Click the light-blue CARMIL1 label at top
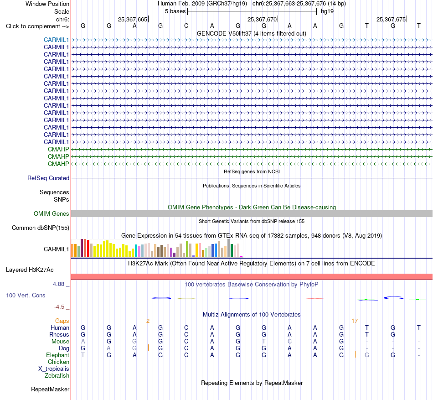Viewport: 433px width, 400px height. click(x=56, y=40)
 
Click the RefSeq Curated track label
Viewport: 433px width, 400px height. click(x=48, y=178)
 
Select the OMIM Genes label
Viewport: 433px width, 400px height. click(x=51, y=213)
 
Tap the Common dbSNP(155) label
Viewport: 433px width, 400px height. click(x=40, y=228)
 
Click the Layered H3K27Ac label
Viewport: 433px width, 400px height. click(x=30, y=270)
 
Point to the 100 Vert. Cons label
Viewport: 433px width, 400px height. click(x=26, y=295)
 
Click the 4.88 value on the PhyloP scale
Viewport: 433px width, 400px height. click(x=58, y=284)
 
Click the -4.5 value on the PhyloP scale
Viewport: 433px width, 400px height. click(x=59, y=307)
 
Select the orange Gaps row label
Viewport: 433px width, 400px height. click(x=62, y=321)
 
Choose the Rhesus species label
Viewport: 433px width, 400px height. click(x=59, y=334)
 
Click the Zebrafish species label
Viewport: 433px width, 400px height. click(x=57, y=376)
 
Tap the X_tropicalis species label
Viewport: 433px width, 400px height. click(x=54, y=369)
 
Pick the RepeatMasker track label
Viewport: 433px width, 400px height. click(x=50, y=389)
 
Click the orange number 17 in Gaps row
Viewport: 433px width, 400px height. click(x=355, y=321)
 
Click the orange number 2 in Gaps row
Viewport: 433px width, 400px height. click(x=148, y=321)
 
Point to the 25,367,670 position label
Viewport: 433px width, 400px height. click(x=262, y=19)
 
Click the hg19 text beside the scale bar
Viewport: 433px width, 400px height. click(x=327, y=11)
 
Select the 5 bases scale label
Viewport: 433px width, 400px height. click(x=175, y=11)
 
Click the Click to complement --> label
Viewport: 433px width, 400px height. click(x=37, y=26)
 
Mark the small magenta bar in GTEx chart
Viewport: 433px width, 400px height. click(x=242, y=257)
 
